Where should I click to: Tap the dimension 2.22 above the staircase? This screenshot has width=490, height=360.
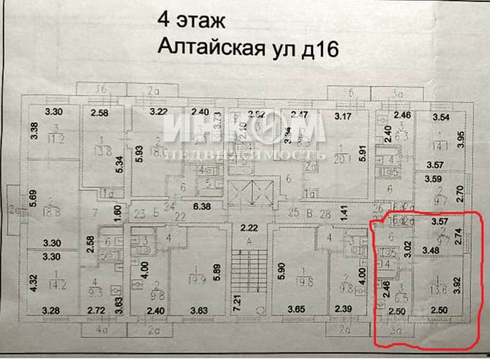point(250,229)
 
